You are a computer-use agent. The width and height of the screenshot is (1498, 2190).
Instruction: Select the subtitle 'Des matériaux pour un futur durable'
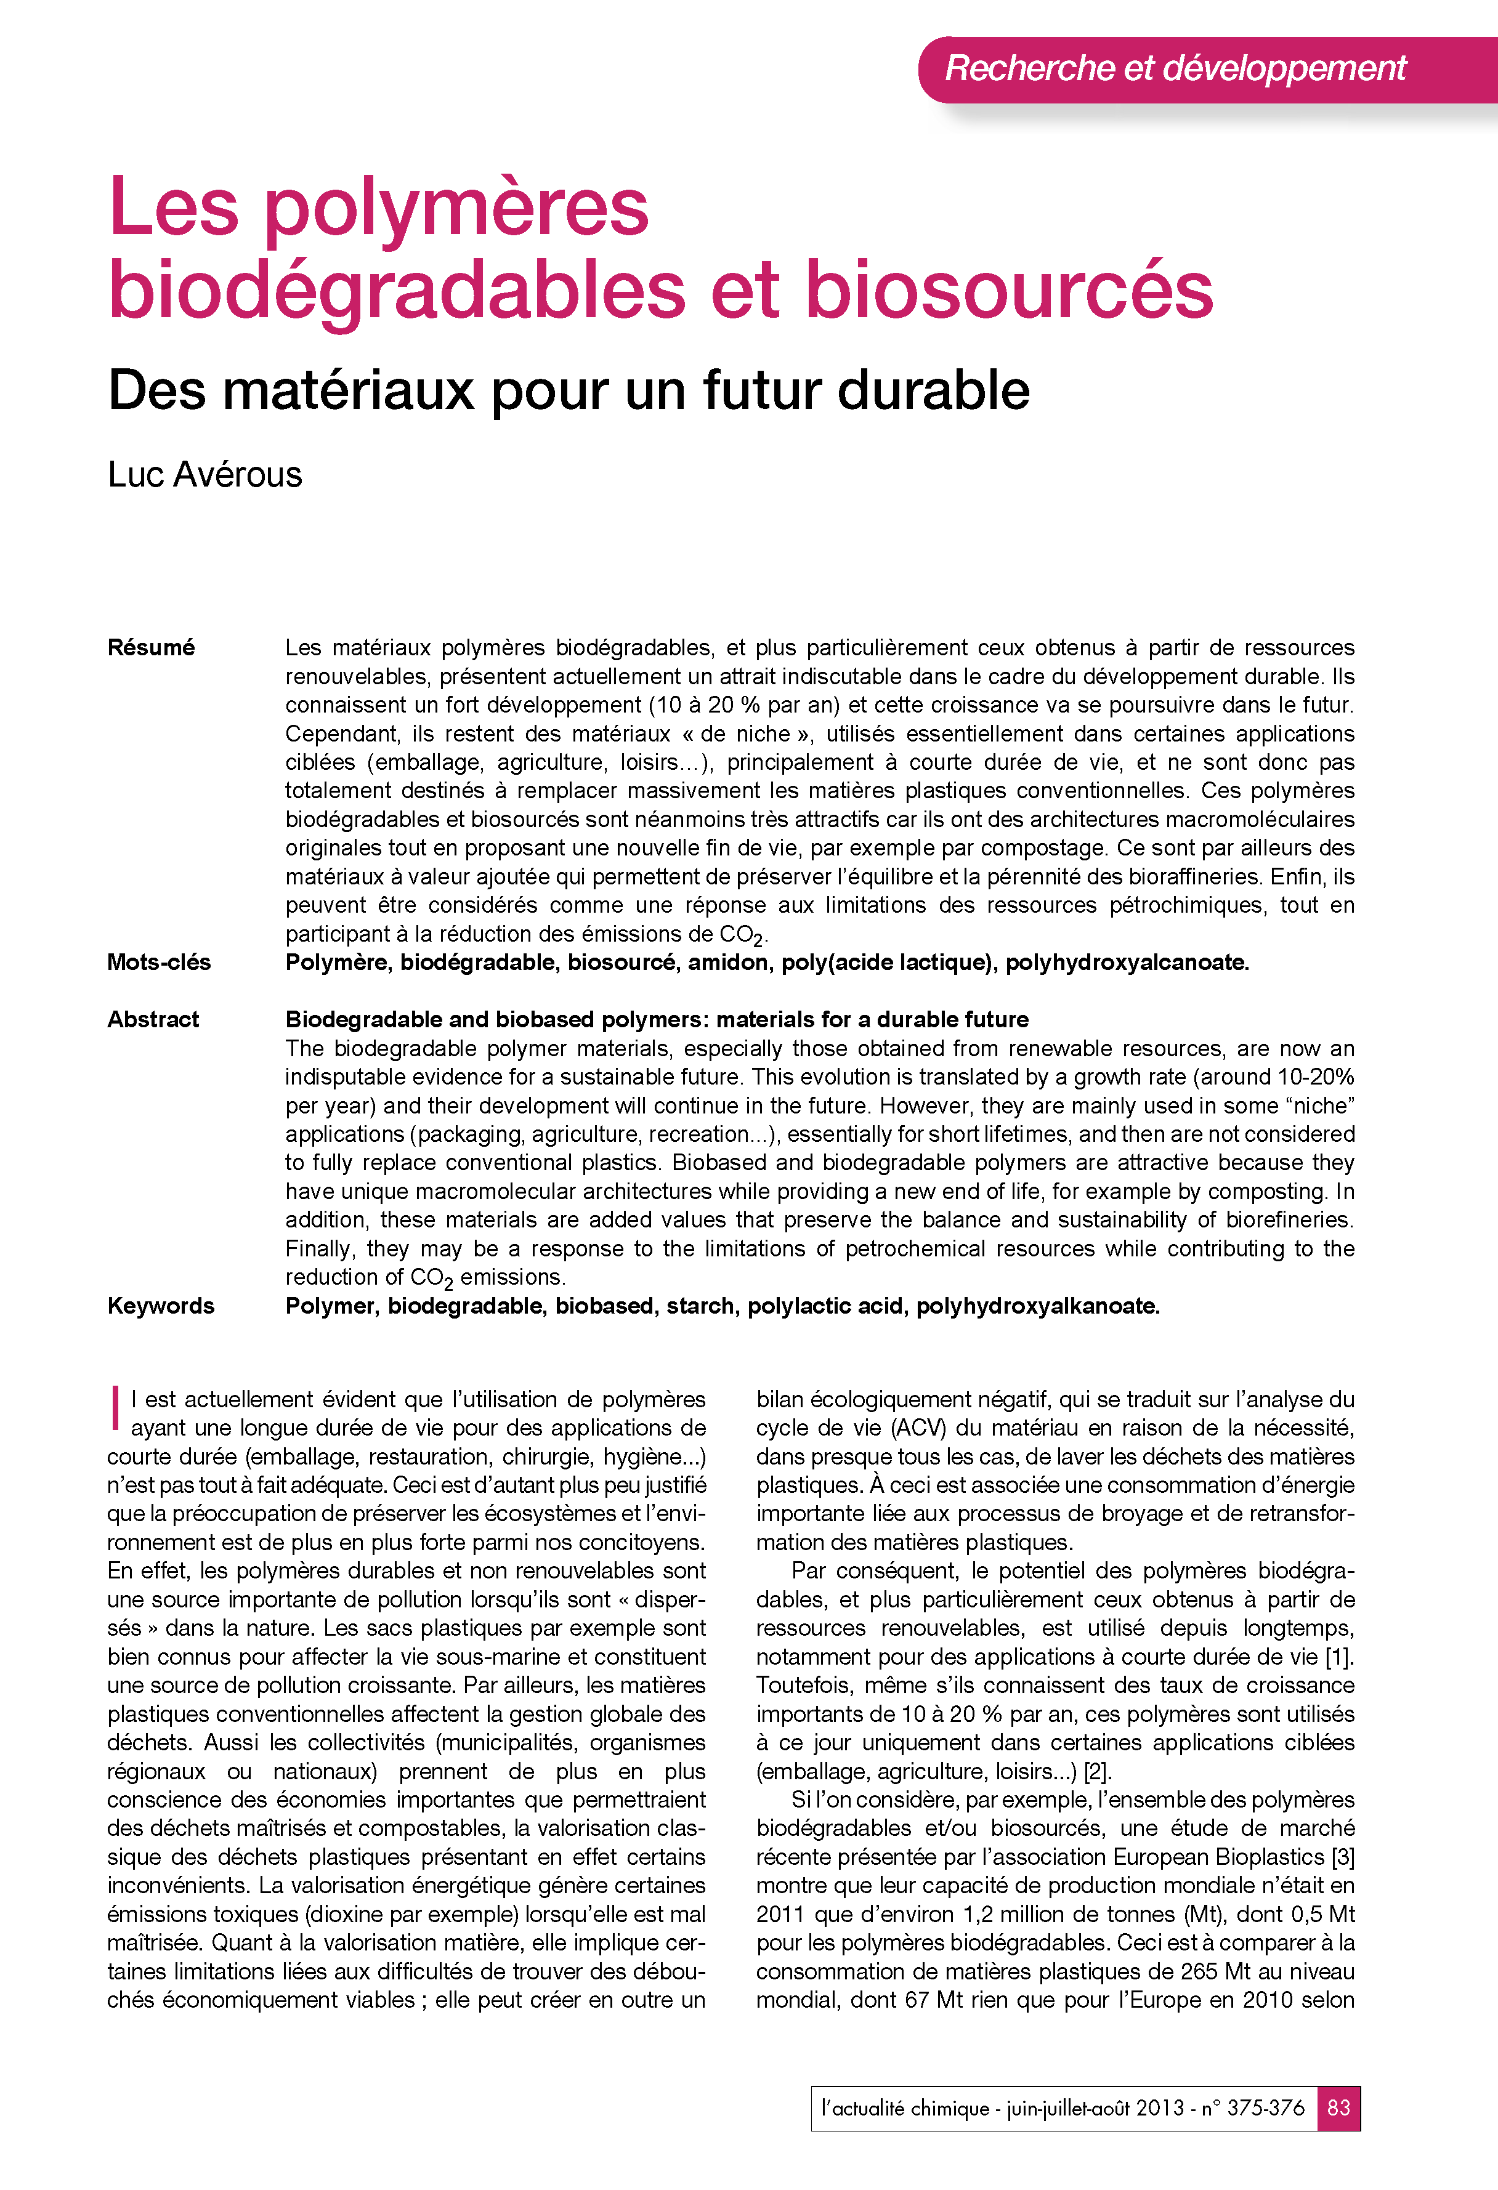[569, 390]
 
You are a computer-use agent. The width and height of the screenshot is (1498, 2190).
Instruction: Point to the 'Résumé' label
[151, 647]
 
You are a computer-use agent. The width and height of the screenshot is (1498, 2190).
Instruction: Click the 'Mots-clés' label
[158, 962]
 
